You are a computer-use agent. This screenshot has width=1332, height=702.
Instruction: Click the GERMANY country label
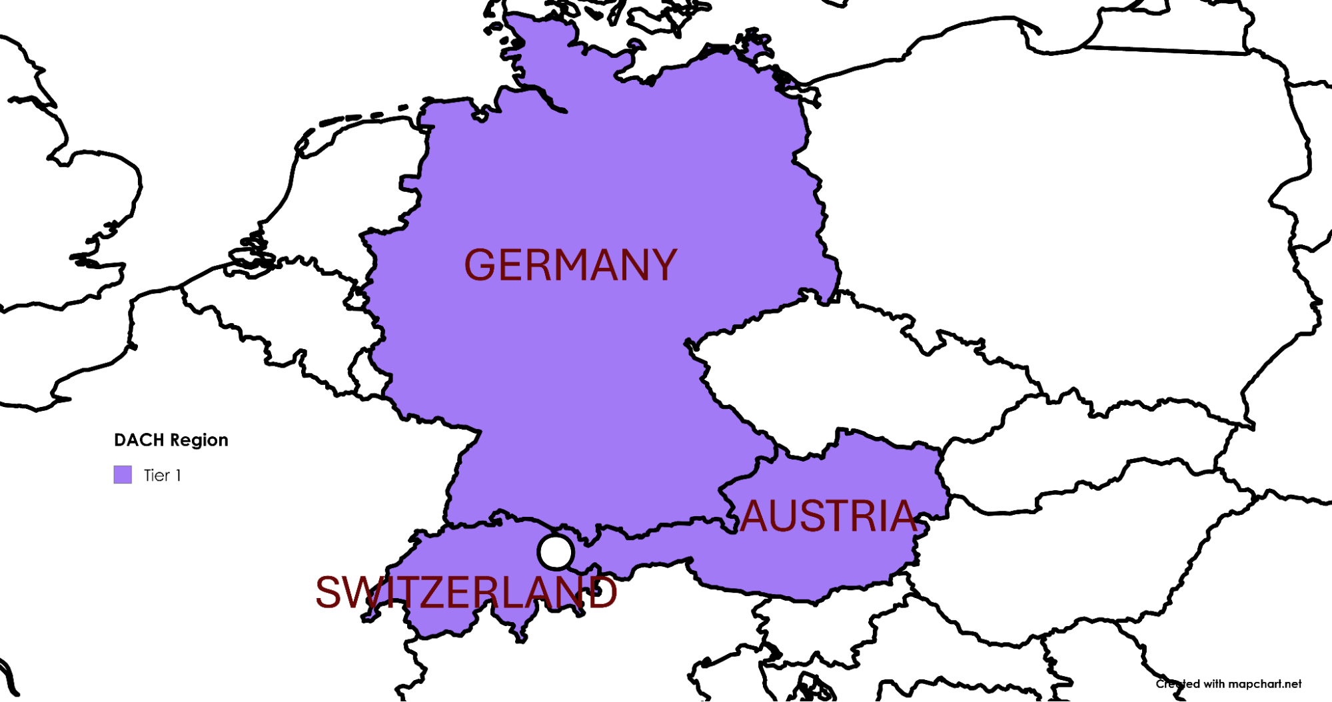point(570,265)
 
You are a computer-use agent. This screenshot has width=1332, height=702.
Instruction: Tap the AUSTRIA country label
point(828,516)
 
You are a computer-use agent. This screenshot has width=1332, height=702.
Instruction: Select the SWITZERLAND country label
point(466,592)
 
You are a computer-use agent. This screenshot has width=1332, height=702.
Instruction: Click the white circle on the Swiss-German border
point(556,552)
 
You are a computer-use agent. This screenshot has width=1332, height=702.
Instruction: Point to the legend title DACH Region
point(171,440)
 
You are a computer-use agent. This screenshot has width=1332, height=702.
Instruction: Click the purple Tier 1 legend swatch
point(123,475)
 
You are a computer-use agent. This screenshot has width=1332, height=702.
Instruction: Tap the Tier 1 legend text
point(162,476)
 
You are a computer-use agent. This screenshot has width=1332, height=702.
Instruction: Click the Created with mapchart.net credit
point(1228,684)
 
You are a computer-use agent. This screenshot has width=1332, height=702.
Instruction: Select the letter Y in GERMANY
point(662,265)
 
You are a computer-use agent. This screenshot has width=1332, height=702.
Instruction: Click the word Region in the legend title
point(199,440)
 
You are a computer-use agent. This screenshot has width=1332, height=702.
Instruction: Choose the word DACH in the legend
point(139,440)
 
